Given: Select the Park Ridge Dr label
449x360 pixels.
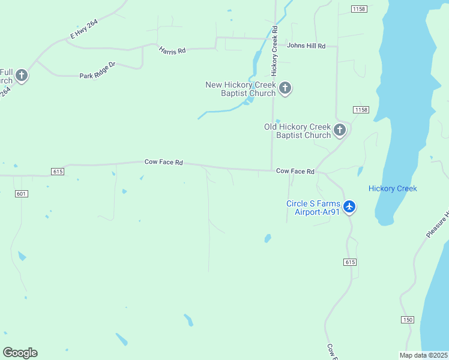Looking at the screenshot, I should click(97, 76).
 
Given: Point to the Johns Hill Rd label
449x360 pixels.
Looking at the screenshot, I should click(306, 46).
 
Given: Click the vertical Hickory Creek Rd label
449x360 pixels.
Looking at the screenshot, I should click(274, 51).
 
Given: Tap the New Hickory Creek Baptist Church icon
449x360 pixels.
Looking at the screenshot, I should click(285, 89).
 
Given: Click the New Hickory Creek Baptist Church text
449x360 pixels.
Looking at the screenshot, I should click(240, 89).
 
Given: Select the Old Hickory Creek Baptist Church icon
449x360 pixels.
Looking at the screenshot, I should click(340, 130).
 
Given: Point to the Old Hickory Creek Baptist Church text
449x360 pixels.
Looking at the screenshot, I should click(298, 131).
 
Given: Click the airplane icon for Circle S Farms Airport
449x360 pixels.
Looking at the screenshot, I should click(349, 207).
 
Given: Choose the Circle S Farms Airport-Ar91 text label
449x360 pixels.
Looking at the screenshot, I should click(313, 208).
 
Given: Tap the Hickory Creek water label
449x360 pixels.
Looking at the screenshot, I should click(393, 188).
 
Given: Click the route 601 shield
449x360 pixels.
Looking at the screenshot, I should click(22, 193).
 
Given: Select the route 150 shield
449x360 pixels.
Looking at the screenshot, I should click(408, 320).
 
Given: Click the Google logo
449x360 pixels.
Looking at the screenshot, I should click(20, 353).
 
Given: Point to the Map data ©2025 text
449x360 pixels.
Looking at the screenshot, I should click(423, 355).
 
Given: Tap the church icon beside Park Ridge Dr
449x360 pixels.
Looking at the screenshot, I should click(22, 76).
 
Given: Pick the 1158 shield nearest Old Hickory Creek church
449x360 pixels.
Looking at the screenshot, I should click(361, 110).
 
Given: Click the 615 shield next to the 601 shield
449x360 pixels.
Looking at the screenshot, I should click(58, 172).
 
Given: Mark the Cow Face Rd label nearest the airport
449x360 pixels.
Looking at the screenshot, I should click(295, 172).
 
